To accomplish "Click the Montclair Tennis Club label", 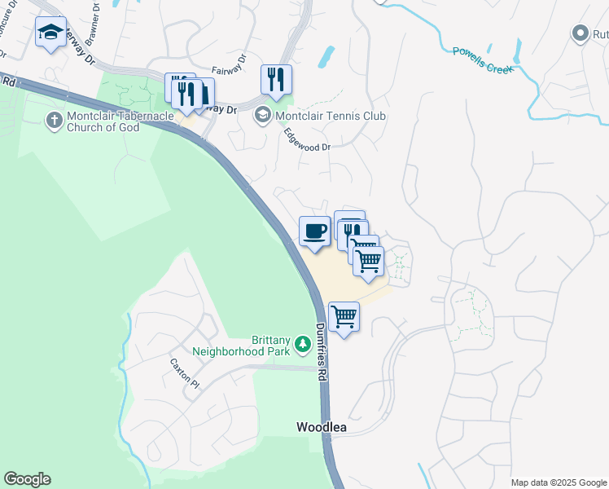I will [x=330, y=116].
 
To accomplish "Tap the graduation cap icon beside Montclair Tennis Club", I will [x=263, y=114].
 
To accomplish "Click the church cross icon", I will [x=54, y=121].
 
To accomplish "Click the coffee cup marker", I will [x=315, y=231].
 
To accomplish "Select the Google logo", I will [x=27, y=479].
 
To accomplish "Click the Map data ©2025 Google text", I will [x=559, y=482].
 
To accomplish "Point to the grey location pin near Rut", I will [x=580, y=33].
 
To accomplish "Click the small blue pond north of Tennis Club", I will [x=326, y=56].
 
